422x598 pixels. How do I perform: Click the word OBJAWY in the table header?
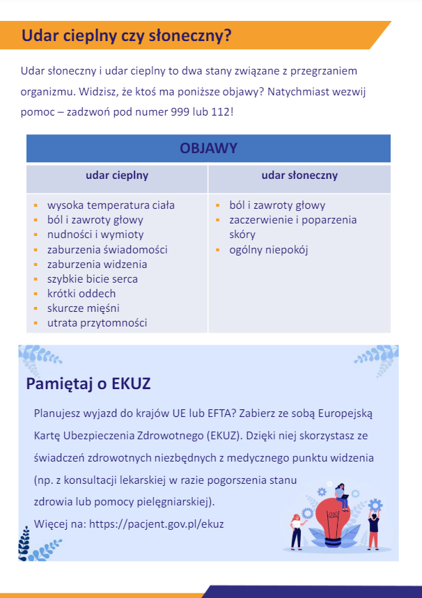(x=208, y=148)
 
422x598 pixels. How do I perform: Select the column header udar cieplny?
(x=117, y=176)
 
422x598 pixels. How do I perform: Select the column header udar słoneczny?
(x=299, y=176)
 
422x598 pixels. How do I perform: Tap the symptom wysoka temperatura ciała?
(x=111, y=205)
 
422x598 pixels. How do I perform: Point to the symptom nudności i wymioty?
(x=95, y=235)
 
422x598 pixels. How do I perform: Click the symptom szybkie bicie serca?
(x=93, y=278)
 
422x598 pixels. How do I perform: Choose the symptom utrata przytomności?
(x=97, y=322)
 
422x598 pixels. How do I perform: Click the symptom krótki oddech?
(x=81, y=293)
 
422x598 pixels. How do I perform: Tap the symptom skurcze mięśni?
(x=84, y=308)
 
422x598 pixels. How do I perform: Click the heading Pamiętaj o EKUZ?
(x=88, y=384)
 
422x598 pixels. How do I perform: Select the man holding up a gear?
(x=373, y=527)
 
